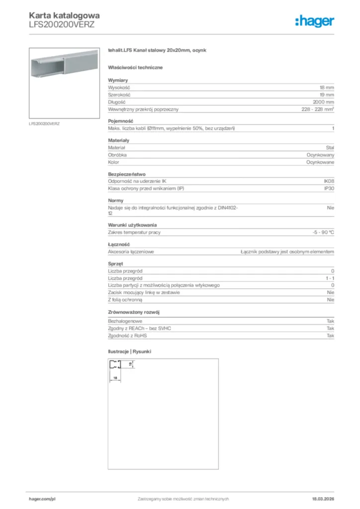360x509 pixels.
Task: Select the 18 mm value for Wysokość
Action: (x=326, y=87)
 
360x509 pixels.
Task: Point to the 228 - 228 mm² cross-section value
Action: (x=318, y=109)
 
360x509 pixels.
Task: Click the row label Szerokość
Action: (x=119, y=94)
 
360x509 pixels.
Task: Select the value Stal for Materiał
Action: (x=330, y=148)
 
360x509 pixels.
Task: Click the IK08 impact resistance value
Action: (x=329, y=181)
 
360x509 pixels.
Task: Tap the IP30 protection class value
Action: (x=329, y=189)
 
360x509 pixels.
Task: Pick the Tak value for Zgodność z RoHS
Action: (x=330, y=336)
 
